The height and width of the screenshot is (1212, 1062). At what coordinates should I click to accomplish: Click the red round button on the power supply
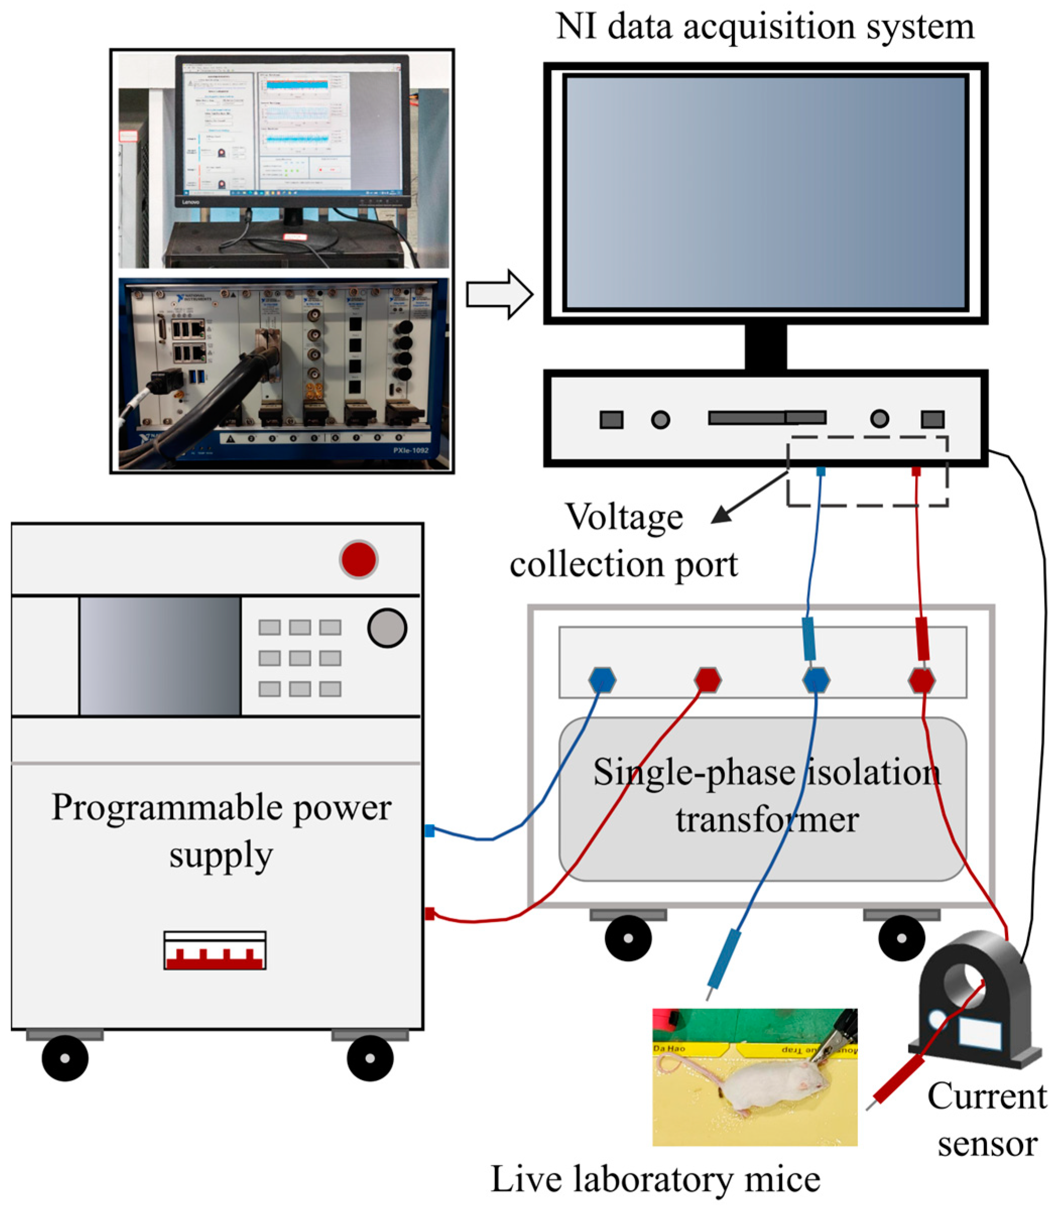pyautogui.click(x=358, y=559)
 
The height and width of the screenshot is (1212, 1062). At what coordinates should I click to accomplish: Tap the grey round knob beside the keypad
pyautogui.click(x=387, y=628)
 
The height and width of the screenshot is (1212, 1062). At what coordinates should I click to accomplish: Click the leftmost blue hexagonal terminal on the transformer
pyautogui.click(x=602, y=680)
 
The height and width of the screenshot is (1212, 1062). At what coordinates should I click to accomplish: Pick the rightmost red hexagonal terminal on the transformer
pyautogui.click(x=921, y=680)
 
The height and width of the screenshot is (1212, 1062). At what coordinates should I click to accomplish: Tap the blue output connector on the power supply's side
pyautogui.click(x=429, y=831)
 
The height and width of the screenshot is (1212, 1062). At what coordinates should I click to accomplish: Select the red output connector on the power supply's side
pyautogui.click(x=429, y=914)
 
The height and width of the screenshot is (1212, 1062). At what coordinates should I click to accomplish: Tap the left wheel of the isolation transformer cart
pyautogui.click(x=628, y=938)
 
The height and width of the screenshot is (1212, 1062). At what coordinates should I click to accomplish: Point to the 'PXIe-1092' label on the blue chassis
pyautogui.click(x=410, y=450)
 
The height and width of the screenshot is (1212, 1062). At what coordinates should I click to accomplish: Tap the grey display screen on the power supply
pyautogui.click(x=160, y=656)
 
